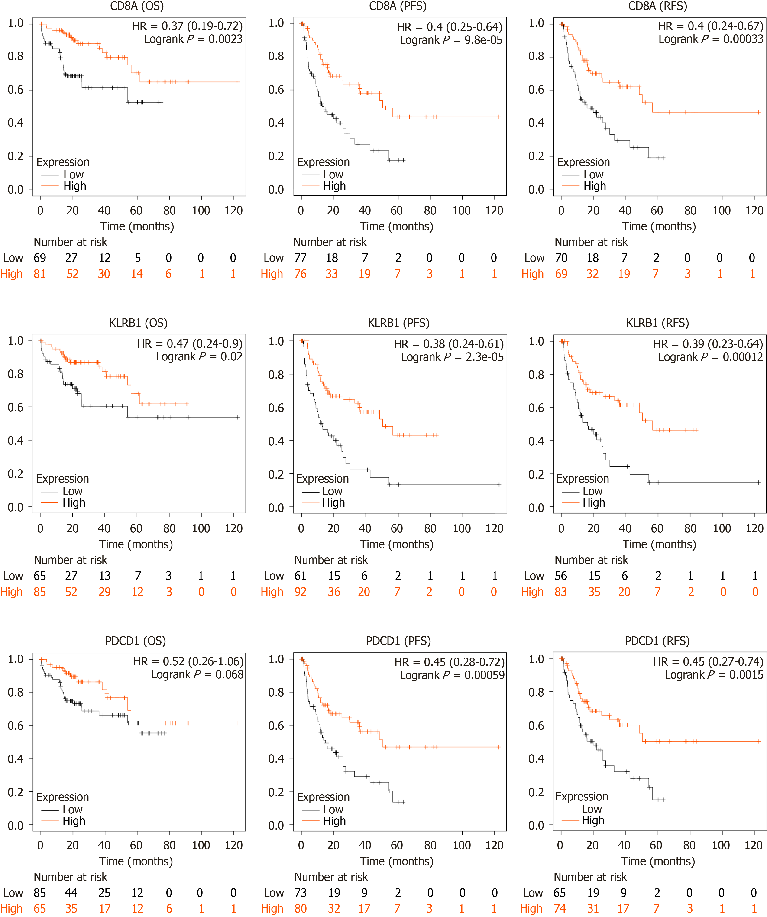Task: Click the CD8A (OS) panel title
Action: pos(137,6)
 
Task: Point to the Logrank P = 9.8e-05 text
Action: pos(451,40)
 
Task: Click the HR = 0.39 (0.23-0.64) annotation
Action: pos(708,344)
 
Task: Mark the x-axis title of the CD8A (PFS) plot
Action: pos(396,226)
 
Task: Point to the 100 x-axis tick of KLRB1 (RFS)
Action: pos(722,528)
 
